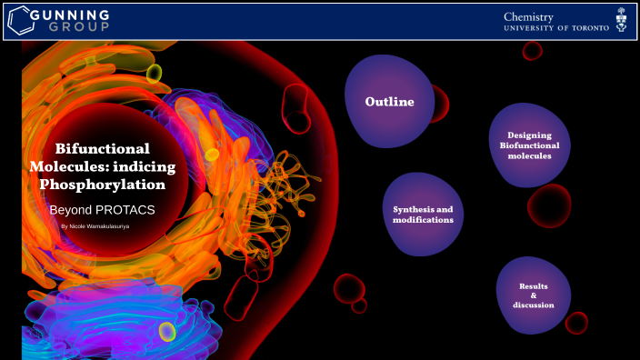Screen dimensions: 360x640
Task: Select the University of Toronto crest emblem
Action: point(621,21)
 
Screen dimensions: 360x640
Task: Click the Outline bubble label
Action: point(389,102)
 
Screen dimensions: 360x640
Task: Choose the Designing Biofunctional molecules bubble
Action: point(529,145)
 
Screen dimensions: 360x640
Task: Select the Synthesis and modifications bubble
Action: point(423,215)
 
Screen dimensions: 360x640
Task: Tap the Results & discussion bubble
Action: point(533,295)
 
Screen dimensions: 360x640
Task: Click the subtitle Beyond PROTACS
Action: point(102,209)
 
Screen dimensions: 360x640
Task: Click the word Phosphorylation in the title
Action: point(103,184)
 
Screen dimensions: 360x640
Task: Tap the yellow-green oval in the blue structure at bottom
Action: point(167,332)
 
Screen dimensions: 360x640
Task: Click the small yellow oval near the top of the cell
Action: point(155,73)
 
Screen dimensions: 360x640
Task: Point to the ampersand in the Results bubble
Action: point(533,295)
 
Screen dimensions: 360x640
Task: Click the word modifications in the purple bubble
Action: point(423,220)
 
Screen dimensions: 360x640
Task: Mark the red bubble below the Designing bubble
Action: point(549,205)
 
